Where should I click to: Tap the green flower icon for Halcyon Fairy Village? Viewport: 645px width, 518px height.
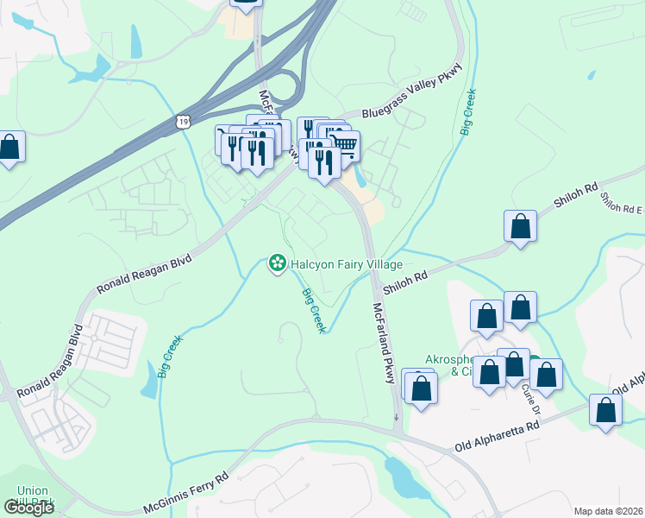click(x=278, y=261)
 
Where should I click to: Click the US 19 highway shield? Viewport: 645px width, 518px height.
click(x=182, y=121)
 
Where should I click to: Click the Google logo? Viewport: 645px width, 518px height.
click(x=28, y=508)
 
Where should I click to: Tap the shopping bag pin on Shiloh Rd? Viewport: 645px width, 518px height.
click(x=521, y=227)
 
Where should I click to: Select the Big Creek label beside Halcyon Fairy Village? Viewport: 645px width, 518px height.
click(x=313, y=311)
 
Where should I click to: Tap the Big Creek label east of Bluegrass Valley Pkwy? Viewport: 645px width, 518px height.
click(x=469, y=111)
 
